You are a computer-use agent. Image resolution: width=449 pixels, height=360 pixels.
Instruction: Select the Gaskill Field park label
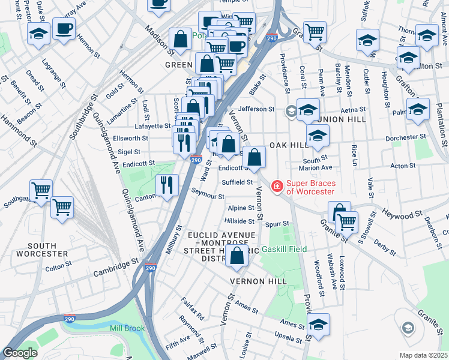284,249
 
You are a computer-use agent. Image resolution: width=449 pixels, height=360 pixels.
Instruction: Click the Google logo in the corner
20,353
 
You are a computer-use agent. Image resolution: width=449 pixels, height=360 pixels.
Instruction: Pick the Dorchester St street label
403,137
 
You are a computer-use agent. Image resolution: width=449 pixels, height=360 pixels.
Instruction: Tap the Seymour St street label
208,196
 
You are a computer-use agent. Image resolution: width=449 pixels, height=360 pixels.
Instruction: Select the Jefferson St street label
256,109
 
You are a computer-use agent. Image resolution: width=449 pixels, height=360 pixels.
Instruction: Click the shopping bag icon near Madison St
180,39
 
